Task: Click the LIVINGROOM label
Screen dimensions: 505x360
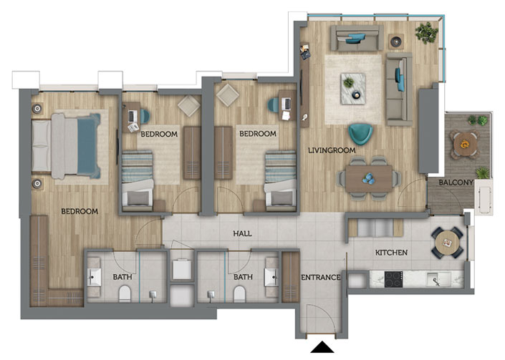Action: pos(332,150)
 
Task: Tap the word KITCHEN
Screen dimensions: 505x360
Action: pos(391,253)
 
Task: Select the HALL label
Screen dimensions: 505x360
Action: pos(242,233)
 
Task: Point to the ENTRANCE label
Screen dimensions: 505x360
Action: pos(320,277)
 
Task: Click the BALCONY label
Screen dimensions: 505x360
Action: pos(456,183)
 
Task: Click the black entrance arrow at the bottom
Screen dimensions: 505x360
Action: pos(322,347)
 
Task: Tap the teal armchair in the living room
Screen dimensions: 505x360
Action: pos(361,134)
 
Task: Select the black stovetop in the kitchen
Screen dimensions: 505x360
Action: pos(393,279)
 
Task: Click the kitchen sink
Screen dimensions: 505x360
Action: pos(438,279)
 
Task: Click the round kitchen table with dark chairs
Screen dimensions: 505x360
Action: pos(448,243)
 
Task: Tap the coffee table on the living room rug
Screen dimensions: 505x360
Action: pos(353,89)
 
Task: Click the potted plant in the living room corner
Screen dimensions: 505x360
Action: pos(426,33)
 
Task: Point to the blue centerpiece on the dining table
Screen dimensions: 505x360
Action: pos(368,178)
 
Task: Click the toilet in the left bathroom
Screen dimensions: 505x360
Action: pos(125,294)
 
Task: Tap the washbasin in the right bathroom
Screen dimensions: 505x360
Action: pos(271,277)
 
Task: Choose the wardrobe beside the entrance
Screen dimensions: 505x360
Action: pos(291,277)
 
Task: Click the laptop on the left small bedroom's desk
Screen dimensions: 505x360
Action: pos(133,117)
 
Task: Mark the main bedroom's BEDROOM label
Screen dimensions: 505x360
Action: pos(80,211)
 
